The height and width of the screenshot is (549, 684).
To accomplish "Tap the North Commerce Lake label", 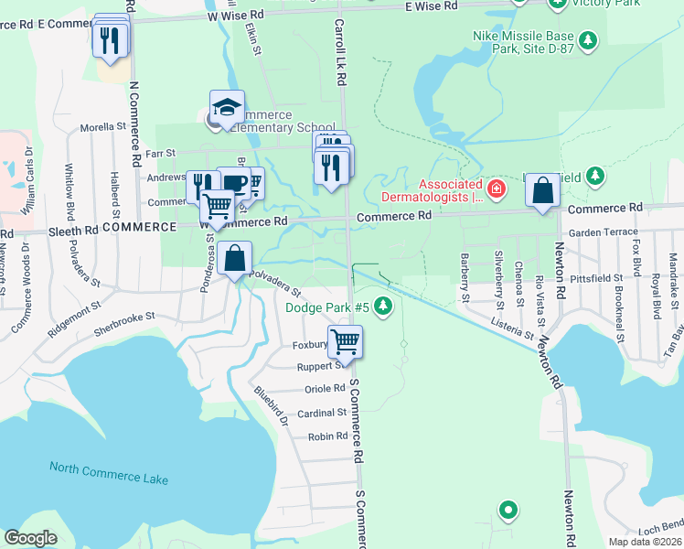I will (109, 473).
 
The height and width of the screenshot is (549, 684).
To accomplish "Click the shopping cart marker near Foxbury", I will (345, 342).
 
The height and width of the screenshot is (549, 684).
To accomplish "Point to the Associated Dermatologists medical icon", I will (496, 189).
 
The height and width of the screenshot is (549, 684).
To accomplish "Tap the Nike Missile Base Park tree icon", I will (588, 40).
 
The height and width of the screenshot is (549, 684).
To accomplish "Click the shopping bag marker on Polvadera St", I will (235, 259).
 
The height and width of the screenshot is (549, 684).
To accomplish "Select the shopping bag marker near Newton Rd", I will (543, 191).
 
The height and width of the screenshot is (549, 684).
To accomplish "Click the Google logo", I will (31, 538).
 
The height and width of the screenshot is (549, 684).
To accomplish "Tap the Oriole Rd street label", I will (324, 388).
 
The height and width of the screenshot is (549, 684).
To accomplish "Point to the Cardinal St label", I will (322, 413).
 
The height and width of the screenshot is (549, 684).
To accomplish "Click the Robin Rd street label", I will (327, 436).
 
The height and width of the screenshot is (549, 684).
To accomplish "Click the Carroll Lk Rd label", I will (339, 52).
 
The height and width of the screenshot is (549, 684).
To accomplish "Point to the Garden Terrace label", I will (603, 232).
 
